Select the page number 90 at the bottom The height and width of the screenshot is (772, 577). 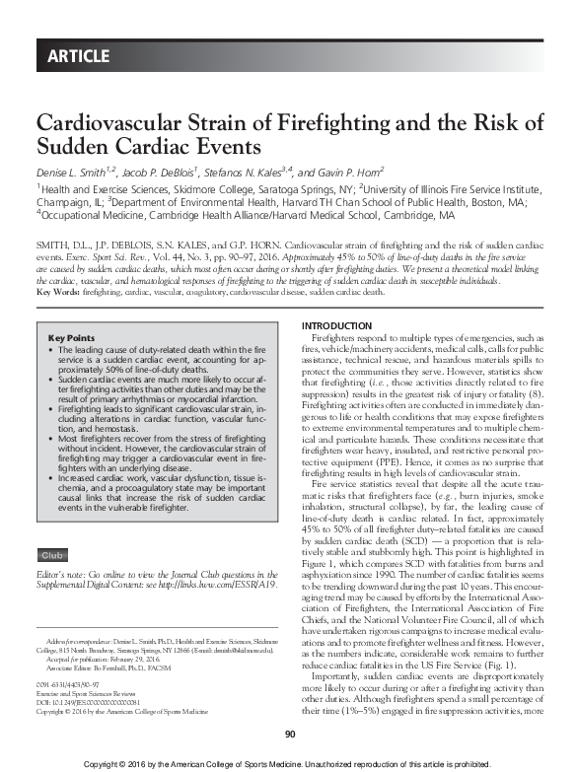tap(289, 733)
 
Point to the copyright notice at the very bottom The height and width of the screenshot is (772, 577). tap(288, 762)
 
